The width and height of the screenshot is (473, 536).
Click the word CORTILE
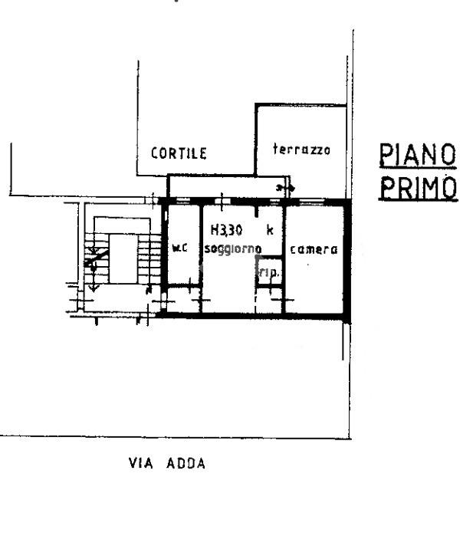pyautogui.click(x=179, y=153)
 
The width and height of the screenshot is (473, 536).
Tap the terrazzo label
pyautogui.click(x=302, y=150)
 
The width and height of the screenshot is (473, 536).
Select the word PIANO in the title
pyautogui.click(x=418, y=155)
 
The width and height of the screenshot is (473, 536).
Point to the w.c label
pyautogui.click(x=180, y=248)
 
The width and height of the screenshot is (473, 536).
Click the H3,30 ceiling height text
pyautogui.click(x=227, y=230)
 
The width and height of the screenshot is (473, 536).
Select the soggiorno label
pyautogui.click(x=233, y=249)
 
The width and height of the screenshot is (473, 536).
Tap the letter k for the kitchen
pyautogui.click(x=270, y=230)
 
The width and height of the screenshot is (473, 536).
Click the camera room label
pyautogui.click(x=314, y=249)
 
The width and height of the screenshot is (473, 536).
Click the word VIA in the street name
pyautogui.click(x=141, y=463)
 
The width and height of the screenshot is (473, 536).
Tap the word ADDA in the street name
pyautogui.click(x=186, y=463)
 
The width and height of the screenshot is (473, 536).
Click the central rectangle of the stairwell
pyautogui.click(x=123, y=258)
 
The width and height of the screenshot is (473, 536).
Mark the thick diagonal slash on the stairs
pyautogui.click(x=97, y=258)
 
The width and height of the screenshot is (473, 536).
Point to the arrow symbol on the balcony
pyautogui.click(x=285, y=187)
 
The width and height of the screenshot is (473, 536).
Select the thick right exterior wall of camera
pyautogui.click(x=347, y=261)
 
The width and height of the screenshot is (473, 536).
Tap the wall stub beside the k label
pyautogui.click(x=257, y=211)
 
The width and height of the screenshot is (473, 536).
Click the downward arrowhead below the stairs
pyautogui.click(x=94, y=288)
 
